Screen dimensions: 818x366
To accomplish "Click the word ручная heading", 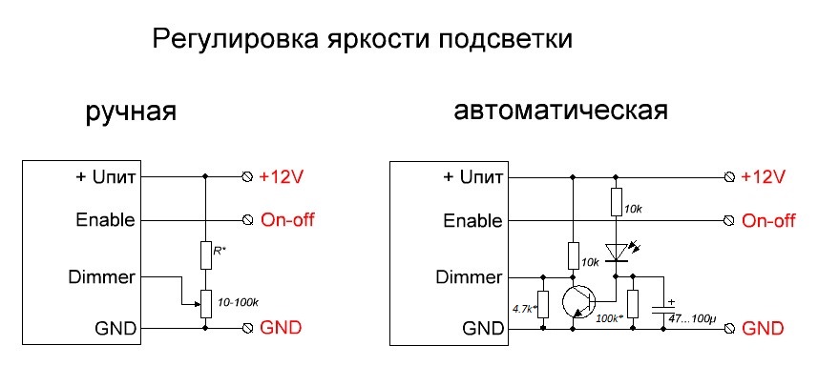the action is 131,112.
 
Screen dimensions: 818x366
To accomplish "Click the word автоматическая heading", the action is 560,111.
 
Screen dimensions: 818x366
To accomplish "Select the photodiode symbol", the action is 618,254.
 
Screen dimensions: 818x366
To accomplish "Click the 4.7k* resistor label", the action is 524,308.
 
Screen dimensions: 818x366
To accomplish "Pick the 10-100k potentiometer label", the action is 238,302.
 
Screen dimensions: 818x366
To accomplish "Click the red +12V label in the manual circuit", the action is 282,177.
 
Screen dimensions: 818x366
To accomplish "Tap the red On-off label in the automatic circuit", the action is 768,220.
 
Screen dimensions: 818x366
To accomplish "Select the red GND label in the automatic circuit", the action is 763,329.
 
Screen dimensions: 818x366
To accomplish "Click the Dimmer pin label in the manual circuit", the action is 102,277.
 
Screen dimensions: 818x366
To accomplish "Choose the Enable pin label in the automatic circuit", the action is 472,220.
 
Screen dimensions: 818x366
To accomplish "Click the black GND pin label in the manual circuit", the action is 115,329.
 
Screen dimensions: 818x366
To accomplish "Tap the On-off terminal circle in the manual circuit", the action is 248,221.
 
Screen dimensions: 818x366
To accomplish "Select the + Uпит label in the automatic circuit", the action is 472,177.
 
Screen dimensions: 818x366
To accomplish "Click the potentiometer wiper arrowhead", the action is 198,304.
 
